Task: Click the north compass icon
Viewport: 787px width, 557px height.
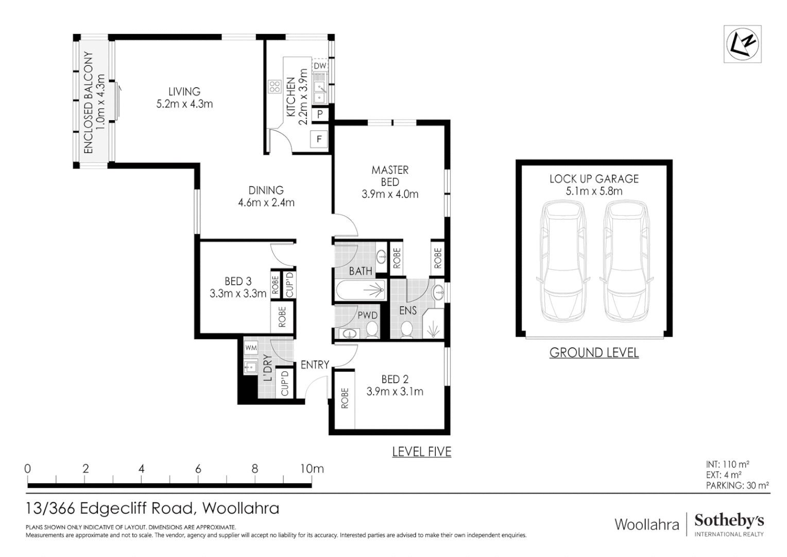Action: pos(742,44)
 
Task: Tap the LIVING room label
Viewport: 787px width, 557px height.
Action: pos(184,92)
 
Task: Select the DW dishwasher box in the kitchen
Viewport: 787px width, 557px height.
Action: pos(320,66)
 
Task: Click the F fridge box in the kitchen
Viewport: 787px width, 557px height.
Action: pos(319,139)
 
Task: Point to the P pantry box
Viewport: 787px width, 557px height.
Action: pos(320,114)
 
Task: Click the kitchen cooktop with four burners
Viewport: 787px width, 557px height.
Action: pos(274,86)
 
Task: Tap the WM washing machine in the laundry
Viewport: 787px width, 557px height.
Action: pos(251,348)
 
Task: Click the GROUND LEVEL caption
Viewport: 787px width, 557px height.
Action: pos(594,353)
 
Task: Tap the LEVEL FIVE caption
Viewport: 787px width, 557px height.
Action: pos(421,452)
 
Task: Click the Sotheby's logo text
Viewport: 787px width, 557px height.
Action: pos(729,521)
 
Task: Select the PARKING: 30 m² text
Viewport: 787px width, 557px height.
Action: pos(737,485)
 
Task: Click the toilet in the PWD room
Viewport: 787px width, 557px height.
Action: pos(372,330)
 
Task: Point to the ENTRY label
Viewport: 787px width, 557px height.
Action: pos(315,365)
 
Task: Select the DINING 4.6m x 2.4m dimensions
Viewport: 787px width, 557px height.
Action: pos(266,203)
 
